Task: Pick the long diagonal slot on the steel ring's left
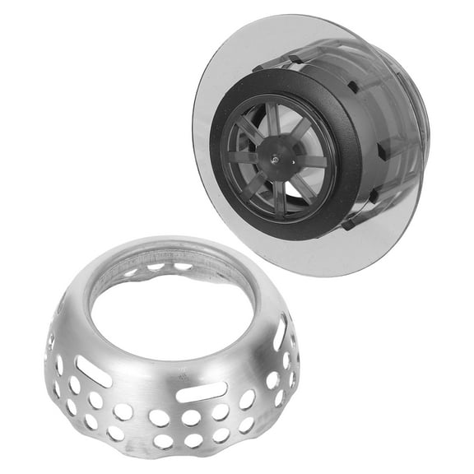[95, 371]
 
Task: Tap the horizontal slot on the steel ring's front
[202, 392]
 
